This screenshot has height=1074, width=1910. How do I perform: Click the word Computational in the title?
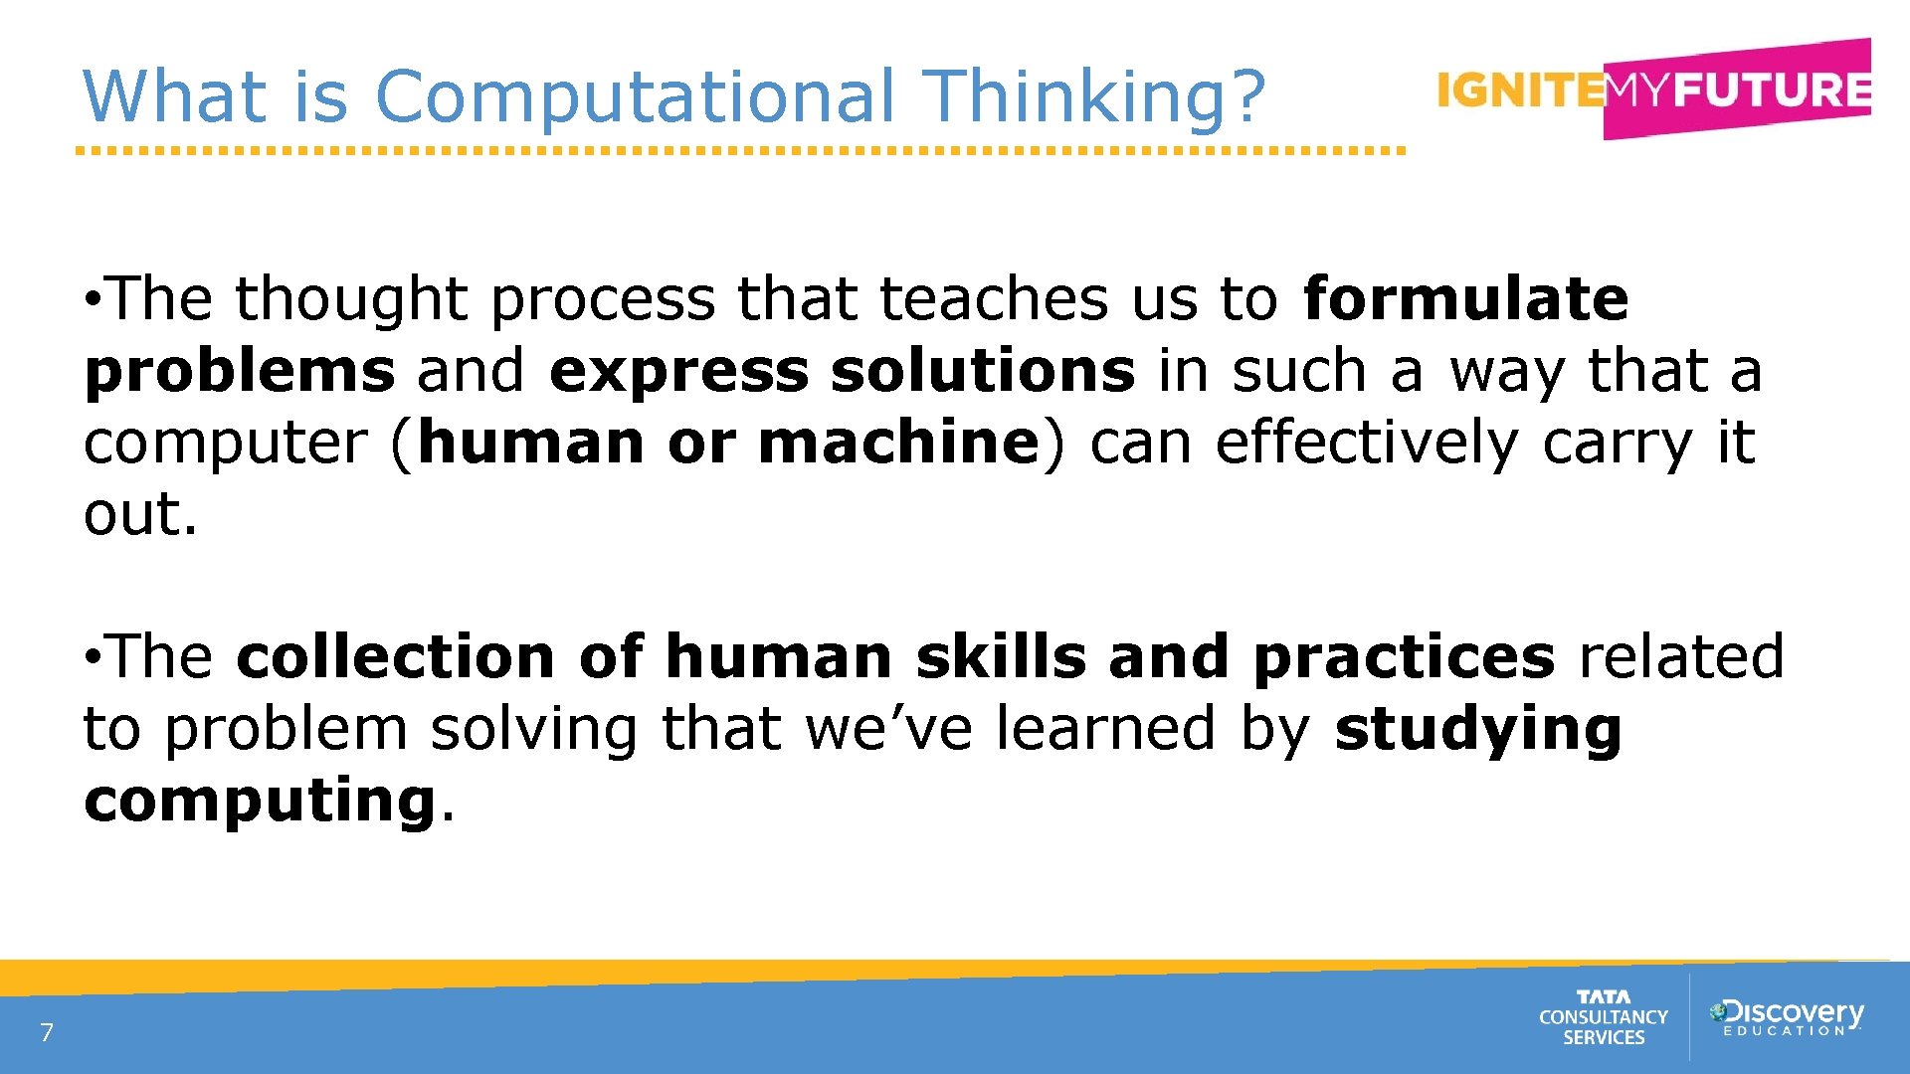(636, 96)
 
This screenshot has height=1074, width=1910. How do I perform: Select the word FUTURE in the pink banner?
(1772, 89)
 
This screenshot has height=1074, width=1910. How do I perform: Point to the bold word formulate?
(1465, 298)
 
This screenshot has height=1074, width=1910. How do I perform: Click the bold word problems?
(240, 372)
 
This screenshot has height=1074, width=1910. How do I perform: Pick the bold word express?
(678, 371)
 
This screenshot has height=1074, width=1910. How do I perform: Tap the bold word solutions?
(983, 371)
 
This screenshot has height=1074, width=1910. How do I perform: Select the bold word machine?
(898, 443)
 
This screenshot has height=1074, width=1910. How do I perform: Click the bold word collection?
(396, 657)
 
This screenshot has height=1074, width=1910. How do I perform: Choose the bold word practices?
(1404, 657)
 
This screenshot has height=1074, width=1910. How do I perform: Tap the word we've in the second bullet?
(887, 729)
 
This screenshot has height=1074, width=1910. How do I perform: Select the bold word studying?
(1477, 729)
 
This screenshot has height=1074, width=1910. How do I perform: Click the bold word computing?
(260, 801)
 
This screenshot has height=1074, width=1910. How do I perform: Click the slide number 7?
(47, 1032)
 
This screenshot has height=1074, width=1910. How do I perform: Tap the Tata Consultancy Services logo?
(1603, 1017)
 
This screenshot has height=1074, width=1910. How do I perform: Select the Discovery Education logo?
(1786, 1016)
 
